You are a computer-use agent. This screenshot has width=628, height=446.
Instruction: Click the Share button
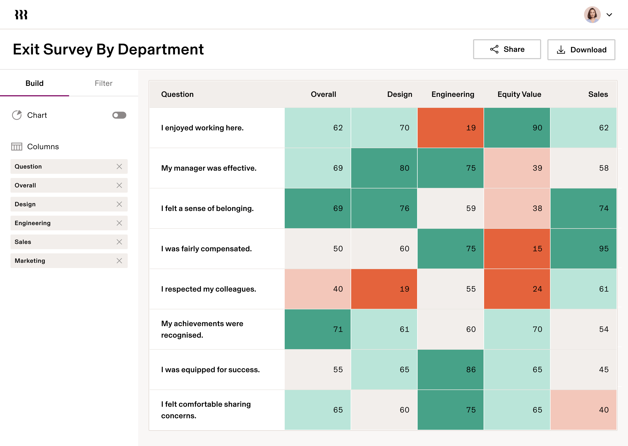[x=507, y=49]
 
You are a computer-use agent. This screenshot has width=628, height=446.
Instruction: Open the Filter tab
[x=103, y=83]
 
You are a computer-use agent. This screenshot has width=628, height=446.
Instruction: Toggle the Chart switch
[x=119, y=115]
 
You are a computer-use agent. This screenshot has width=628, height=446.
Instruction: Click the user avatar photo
[x=592, y=15]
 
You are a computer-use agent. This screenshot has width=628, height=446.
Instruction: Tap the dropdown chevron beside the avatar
[x=609, y=15]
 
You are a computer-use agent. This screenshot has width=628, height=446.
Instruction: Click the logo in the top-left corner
[x=21, y=15]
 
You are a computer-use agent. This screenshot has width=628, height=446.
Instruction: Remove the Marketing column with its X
[x=119, y=261]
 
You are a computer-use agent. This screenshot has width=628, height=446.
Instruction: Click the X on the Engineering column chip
[x=119, y=223]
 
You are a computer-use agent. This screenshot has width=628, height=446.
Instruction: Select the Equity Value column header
[x=519, y=94]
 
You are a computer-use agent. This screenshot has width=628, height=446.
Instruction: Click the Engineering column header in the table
[x=453, y=94]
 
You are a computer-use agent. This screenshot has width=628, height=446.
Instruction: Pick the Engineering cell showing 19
[x=450, y=128]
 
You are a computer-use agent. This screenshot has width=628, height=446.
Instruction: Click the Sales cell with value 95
[x=583, y=249]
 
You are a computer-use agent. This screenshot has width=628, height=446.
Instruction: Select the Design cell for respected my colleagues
[x=384, y=289]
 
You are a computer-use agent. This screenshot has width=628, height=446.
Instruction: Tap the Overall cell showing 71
[x=318, y=329]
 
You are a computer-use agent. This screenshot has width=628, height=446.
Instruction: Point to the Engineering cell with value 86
[x=450, y=369]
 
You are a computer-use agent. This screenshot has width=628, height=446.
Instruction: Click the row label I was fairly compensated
[x=206, y=249]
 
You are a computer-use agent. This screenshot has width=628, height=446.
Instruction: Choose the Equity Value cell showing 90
[x=517, y=128]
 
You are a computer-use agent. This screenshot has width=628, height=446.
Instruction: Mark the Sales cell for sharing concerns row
[x=583, y=410]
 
